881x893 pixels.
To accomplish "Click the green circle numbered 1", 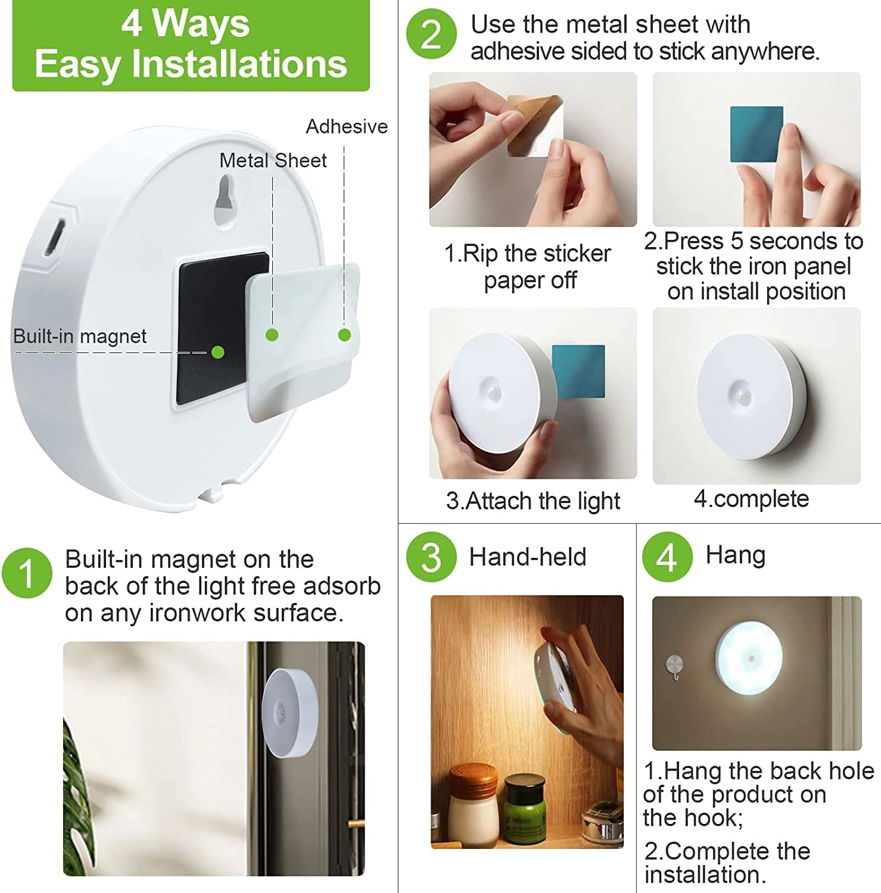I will [x=27, y=573].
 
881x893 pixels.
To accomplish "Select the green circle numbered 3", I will [x=431, y=557].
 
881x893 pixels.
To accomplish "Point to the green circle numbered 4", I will [x=667, y=557].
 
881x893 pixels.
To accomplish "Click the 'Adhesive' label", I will [x=346, y=127].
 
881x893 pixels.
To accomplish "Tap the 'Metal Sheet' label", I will [x=273, y=160].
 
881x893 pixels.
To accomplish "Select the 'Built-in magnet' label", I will [x=80, y=336].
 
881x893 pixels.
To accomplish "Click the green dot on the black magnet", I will [x=218, y=352].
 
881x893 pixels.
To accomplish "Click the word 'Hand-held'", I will [x=527, y=557].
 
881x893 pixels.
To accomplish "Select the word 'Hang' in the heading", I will [x=735, y=555].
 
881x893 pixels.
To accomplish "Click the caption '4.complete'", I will [x=751, y=499].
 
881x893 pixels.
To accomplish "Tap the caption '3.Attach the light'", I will [x=533, y=501].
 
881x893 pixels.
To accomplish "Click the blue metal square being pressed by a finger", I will [x=756, y=135].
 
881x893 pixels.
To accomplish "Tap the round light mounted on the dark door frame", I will [x=289, y=711].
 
